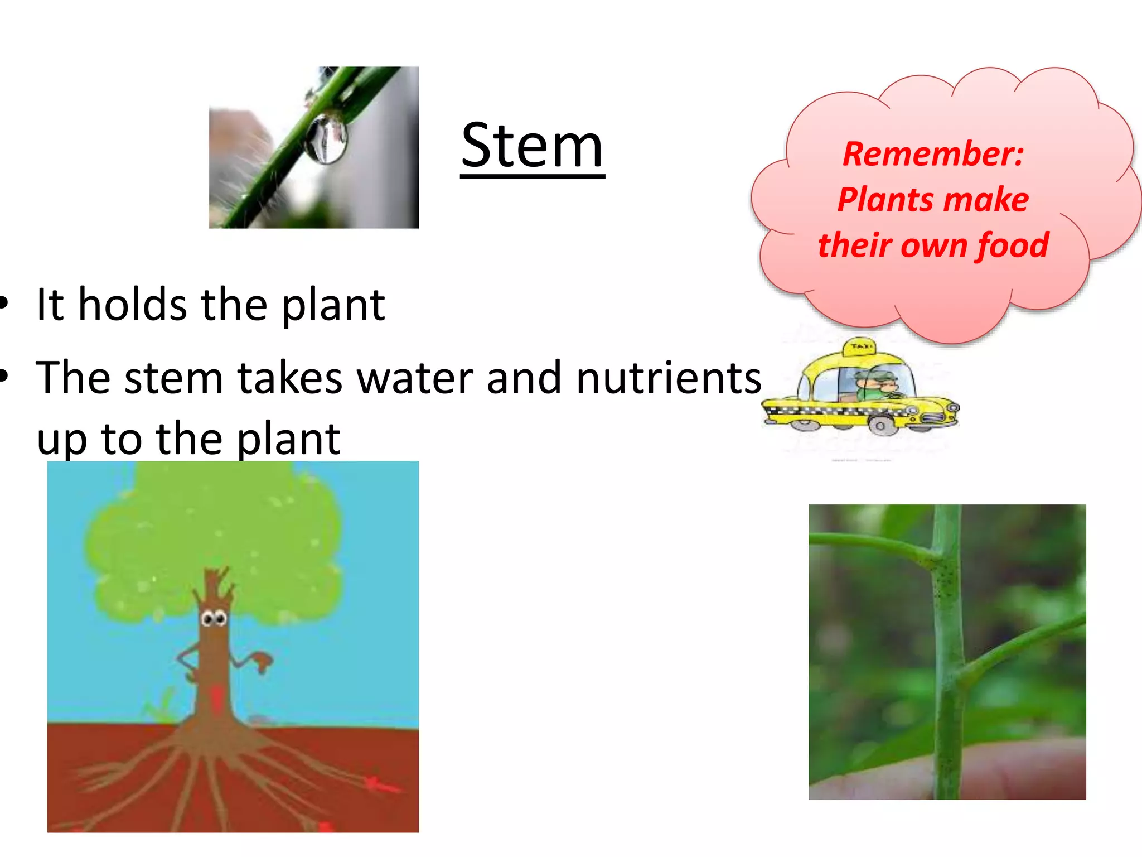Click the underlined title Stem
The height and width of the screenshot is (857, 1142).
click(x=532, y=146)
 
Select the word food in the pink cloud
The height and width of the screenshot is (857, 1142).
click(x=1012, y=245)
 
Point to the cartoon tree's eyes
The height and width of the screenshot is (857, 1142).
click(x=214, y=619)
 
